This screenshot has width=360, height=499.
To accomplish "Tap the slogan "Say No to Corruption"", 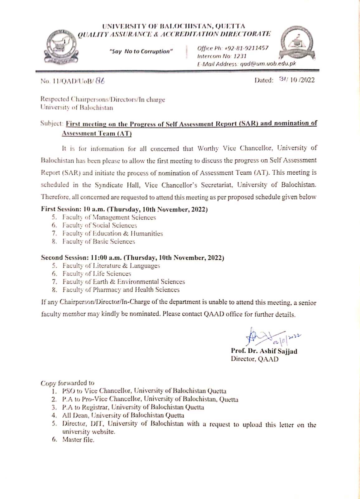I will tap(141, 51).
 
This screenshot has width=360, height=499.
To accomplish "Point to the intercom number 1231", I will tap(240, 56).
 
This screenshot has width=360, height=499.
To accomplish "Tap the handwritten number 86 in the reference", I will tap(100, 81).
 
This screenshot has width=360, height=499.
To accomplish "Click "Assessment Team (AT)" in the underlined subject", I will tap(97, 133).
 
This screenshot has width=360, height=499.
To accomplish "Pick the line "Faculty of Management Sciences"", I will tap(109, 217).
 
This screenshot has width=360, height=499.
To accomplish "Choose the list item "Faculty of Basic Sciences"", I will tap(98, 241).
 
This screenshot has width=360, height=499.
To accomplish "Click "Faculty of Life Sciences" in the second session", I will tap(97, 274).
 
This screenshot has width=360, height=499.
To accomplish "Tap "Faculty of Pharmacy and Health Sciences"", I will tap(121, 290).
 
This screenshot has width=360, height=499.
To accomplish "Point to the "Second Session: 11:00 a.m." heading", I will tap(82, 258).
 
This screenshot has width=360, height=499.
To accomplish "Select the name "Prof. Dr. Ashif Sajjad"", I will tap(264, 351).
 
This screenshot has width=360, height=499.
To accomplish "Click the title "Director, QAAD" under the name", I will tap(254, 359).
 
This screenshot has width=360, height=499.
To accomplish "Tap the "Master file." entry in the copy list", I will tap(78, 440).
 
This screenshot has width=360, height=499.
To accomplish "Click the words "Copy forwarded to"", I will tap(67, 383).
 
